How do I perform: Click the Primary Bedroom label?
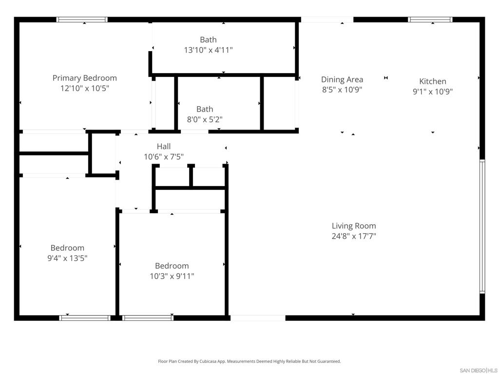(84, 78)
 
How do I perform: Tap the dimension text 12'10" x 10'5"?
(84, 89)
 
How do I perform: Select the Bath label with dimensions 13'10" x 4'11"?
(208, 40)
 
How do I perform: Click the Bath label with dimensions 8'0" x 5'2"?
(205, 109)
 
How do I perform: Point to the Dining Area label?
(342, 79)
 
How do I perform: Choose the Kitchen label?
(433, 81)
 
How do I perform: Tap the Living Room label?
(354, 226)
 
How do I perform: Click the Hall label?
(164, 146)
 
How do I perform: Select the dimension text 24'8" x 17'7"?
(354, 237)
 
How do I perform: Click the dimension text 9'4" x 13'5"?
(67, 259)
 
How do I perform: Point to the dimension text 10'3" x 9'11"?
(172, 277)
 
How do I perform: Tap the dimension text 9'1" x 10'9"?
(433, 92)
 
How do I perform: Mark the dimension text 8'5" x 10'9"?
(342, 90)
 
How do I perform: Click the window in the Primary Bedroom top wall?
(82, 20)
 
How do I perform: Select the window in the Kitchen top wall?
(430, 20)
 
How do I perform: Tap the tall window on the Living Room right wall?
(482, 226)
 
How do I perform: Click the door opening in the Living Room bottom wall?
(257, 318)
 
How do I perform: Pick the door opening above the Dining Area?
(326, 20)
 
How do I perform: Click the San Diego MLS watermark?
(479, 370)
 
